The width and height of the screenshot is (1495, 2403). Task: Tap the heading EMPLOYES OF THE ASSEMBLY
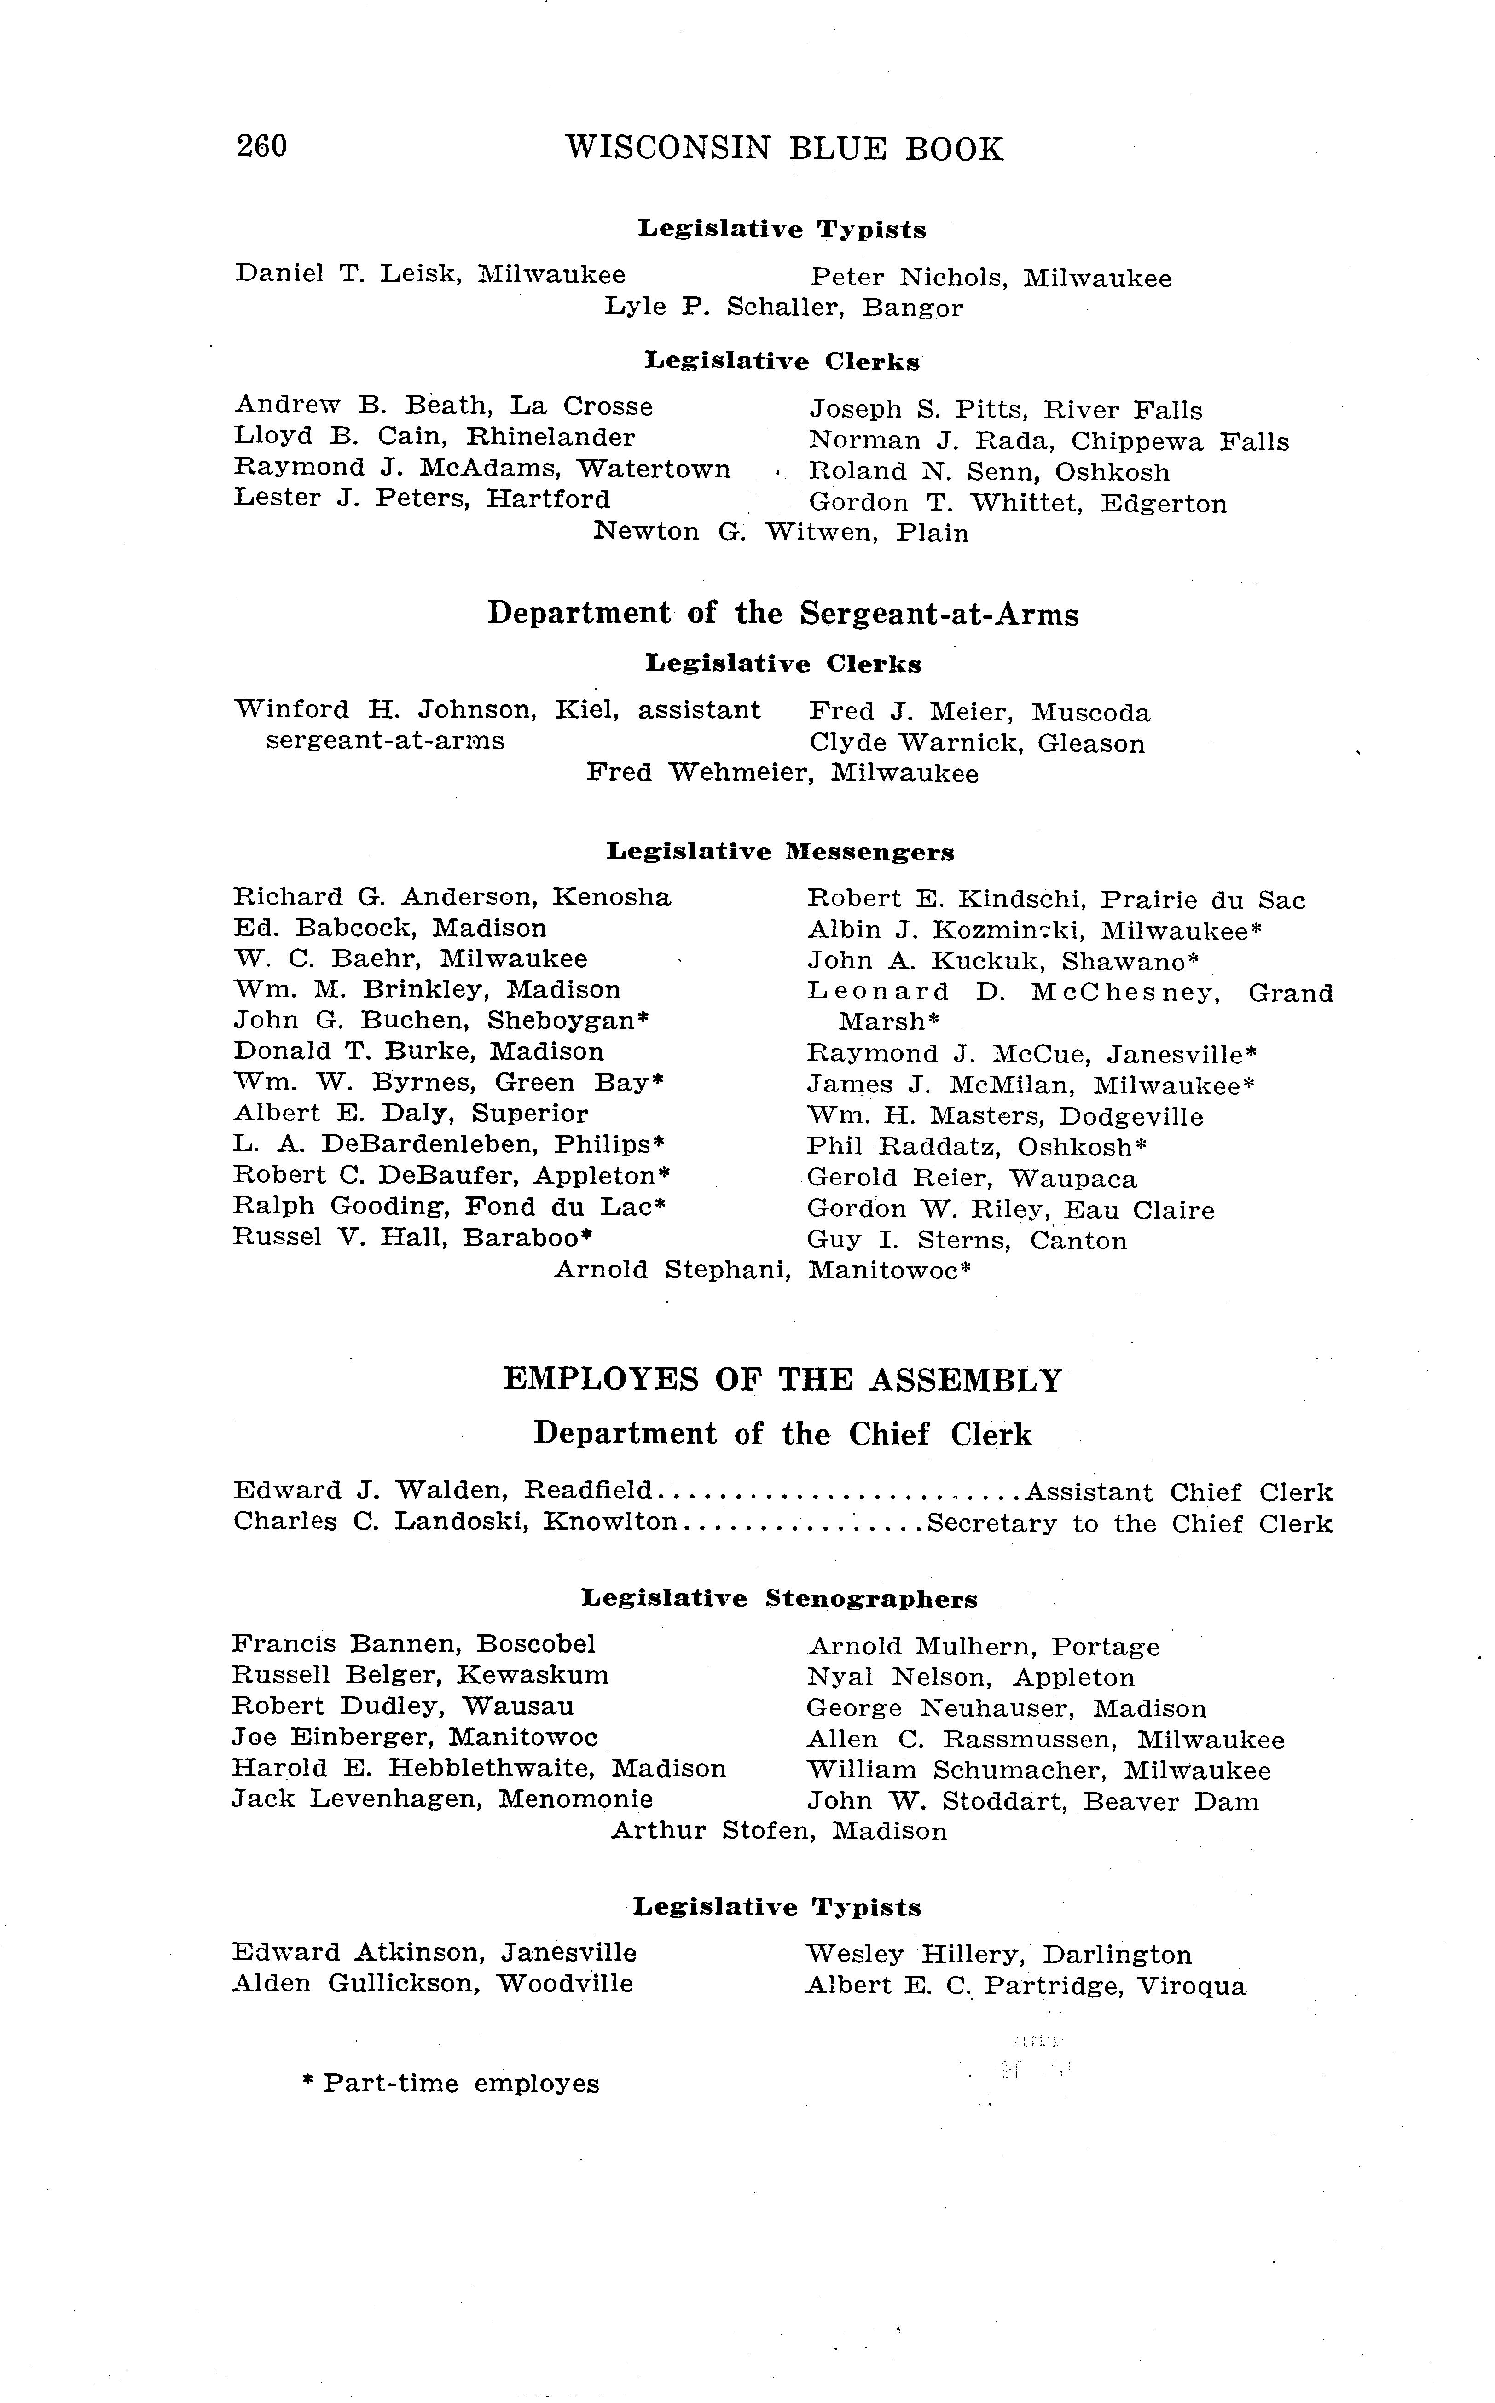782,1380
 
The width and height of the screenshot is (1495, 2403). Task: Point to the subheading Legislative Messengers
780,852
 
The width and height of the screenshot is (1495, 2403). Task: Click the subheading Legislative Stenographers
779,1599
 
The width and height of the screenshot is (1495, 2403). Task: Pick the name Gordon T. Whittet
946,503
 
